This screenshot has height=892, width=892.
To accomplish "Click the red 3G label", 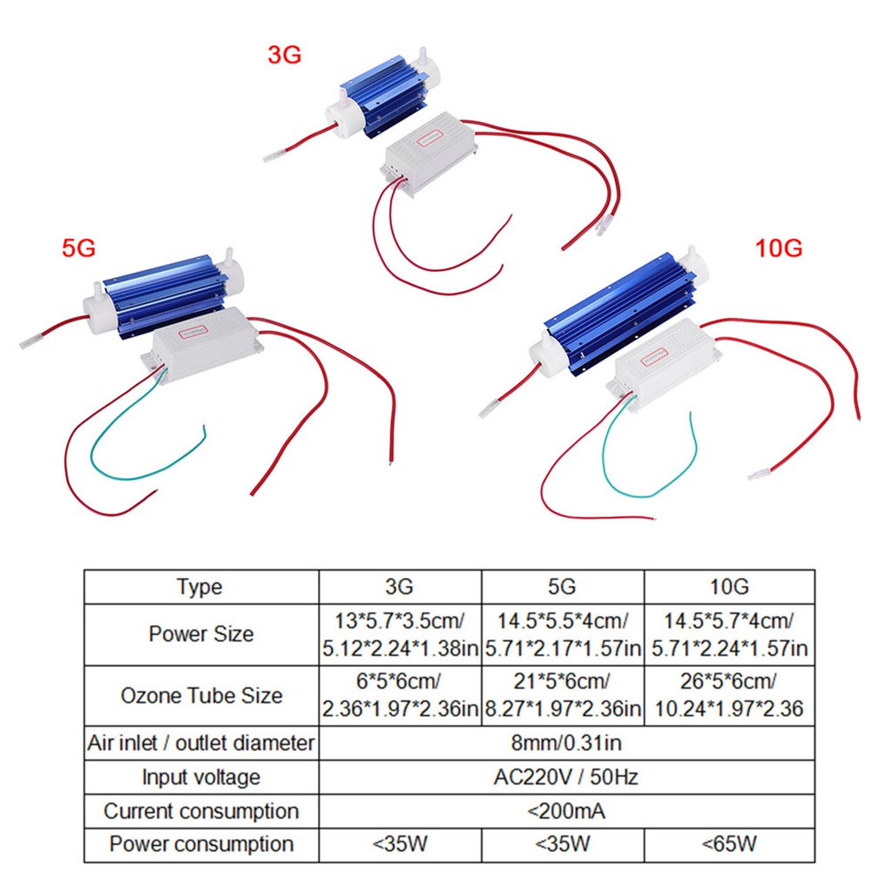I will point(284,55).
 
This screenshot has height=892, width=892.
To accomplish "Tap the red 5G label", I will point(78,249).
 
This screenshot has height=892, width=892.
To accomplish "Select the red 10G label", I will point(779,248).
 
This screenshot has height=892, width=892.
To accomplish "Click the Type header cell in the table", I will point(200,587).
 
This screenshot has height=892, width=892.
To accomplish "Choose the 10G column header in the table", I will point(729,587).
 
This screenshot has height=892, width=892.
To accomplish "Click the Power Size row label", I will point(200,634).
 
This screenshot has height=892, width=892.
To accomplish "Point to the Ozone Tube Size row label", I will point(200,695).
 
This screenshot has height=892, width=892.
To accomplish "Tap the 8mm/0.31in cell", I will point(566,744).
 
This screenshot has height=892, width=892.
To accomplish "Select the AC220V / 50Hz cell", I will point(566,777).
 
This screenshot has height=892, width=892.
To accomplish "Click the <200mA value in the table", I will point(566,811).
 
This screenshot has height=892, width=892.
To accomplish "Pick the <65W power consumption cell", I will point(729,844).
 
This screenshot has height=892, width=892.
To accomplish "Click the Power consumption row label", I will point(200,844).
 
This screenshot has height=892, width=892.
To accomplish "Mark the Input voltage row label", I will point(200,777).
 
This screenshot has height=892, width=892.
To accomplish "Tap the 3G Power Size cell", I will point(400,634).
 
